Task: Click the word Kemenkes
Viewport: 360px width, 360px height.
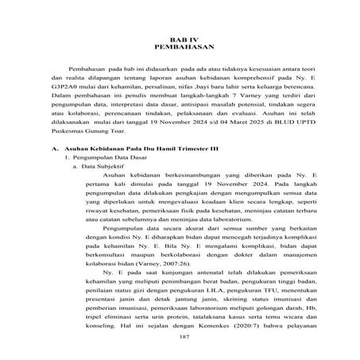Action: (223, 325)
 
